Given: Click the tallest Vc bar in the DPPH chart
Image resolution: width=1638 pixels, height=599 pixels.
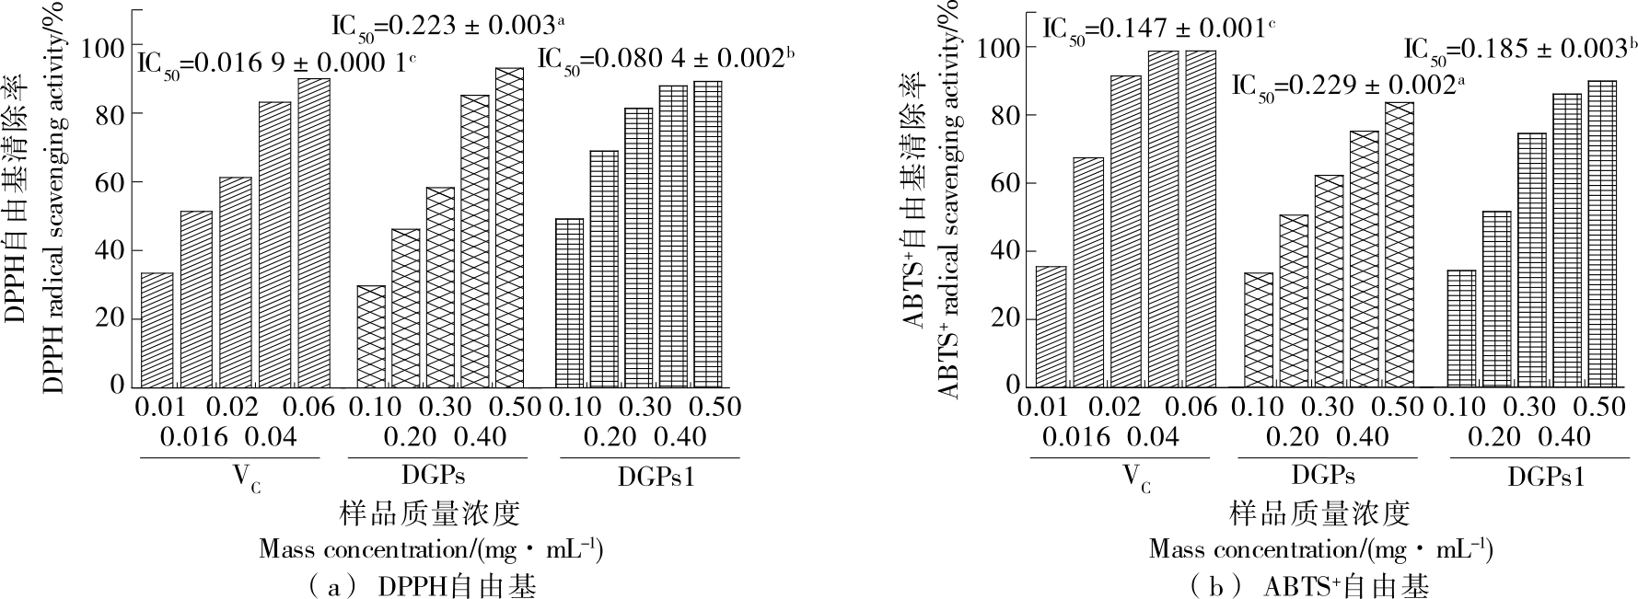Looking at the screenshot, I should [x=314, y=233].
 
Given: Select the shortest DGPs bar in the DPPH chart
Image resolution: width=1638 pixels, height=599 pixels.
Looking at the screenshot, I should [x=371, y=336].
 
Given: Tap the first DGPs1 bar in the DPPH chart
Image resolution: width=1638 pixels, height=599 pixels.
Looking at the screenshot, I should [x=569, y=303].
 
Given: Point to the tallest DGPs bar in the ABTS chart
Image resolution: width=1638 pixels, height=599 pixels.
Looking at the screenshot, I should [x=1399, y=244].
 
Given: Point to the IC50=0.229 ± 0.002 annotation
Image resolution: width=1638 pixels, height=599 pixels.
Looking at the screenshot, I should [x=1347, y=86].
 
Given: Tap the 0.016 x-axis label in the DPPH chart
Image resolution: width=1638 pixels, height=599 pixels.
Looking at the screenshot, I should [x=193, y=436].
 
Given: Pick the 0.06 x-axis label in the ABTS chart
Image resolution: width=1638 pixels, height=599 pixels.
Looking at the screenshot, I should [x=1187, y=407].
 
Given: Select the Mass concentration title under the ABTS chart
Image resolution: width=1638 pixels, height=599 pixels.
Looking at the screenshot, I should [x=1320, y=549].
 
